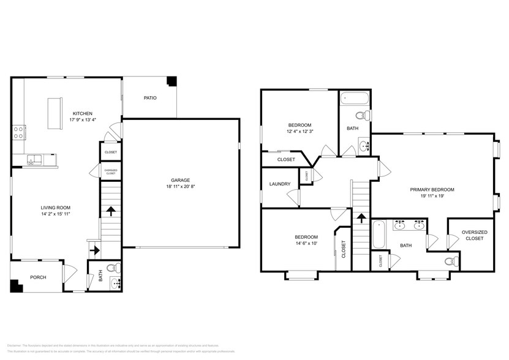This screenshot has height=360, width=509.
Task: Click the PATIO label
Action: [x=150, y=97]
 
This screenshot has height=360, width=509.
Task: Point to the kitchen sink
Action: [x=35, y=160]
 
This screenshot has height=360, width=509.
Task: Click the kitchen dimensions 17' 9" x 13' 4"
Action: [x=82, y=120]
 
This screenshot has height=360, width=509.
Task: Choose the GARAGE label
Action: [x=180, y=180]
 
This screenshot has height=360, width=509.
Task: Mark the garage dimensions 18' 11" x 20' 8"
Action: [x=180, y=187]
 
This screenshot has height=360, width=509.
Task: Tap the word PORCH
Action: [x=38, y=277]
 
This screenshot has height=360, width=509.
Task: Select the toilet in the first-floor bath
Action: [x=111, y=268]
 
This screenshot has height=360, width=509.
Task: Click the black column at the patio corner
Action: [x=172, y=81]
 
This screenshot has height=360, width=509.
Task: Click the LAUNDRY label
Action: [x=279, y=183]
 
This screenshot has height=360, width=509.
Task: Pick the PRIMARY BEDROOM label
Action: [x=432, y=190]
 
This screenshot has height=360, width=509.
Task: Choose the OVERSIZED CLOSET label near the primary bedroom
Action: [x=474, y=235]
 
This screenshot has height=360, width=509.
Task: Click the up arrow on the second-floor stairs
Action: [x=361, y=217]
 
